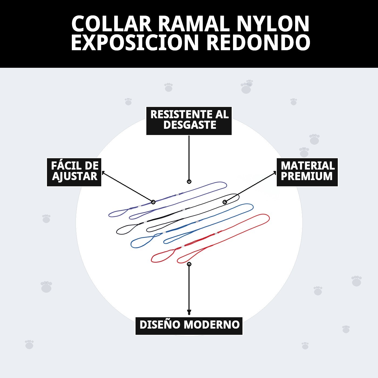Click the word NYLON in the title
click(273, 24)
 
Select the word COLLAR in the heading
click(112, 24)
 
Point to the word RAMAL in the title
click(194, 24)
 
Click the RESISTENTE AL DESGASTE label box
click(189, 121)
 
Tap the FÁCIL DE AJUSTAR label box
click(74, 172)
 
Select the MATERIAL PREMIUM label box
click(307, 172)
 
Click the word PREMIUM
click(306, 176)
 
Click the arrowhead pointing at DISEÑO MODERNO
click(189, 313)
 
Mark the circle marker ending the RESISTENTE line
click(189, 182)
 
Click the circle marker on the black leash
click(225, 202)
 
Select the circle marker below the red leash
click(189, 264)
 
